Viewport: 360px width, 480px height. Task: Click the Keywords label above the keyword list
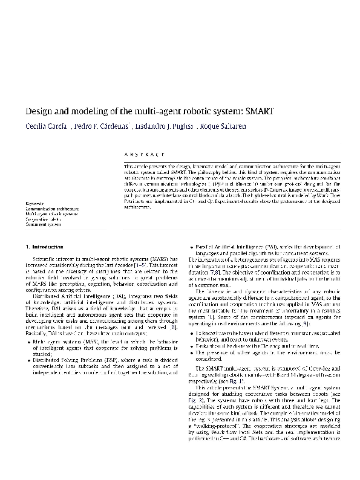(35, 202)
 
